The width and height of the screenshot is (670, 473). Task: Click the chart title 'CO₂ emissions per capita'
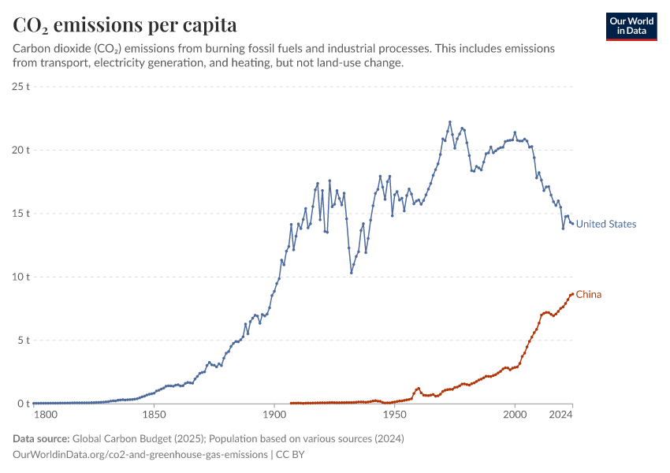coord(125,24)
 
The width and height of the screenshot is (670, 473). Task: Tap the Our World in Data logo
coord(631,26)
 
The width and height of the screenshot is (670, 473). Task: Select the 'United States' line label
coord(605,224)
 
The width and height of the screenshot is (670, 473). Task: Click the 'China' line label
coord(588,295)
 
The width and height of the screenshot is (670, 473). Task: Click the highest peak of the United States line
coord(450,122)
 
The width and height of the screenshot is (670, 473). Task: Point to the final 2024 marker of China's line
coord(572,294)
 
